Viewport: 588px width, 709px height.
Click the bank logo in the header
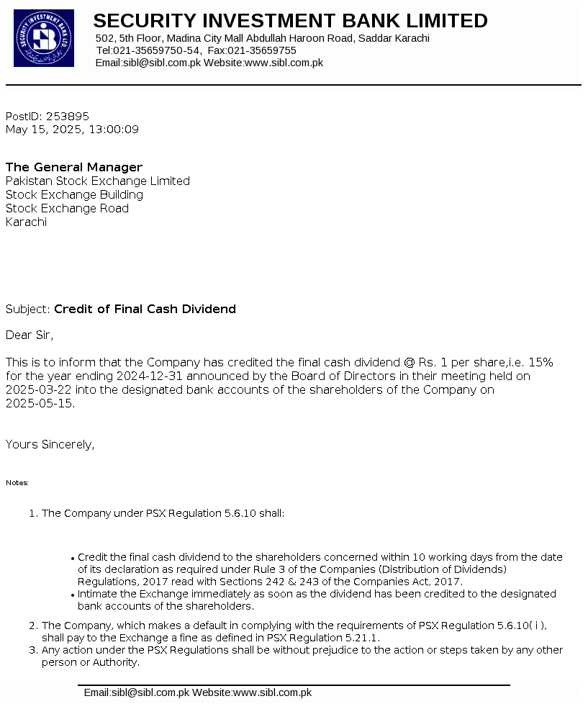pyautogui.click(x=44, y=38)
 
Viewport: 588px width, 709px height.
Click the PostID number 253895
pyautogui.click(x=68, y=116)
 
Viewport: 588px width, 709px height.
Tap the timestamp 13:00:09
pyautogui.click(x=114, y=130)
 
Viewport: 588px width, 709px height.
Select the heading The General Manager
pyautogui.click(x=74, y=168)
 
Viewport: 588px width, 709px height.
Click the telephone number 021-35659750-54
pyautogui.click(x=157, y=50)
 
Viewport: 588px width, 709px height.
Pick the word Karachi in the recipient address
pyautogui.click(x=26, y=222)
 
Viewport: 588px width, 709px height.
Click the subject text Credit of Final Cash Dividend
pyautogui.click(x=145, y=310)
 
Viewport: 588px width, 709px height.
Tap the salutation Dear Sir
pyautogui.click(x=30, y=335)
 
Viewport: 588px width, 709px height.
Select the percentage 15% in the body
pyautogui.click(x=540, y=362)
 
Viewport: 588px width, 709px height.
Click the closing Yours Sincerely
pyautogui.click(x=50, y=445)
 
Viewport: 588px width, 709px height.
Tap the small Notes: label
pyautogui.click(x=17, y=483)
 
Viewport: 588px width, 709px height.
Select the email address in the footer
pyautogui.click(x=136, y=693)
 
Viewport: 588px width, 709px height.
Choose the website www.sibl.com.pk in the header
pyautogui.click(x=284, y=63)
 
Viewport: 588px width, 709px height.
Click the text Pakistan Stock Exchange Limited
pyautogui.click(x=98, y=181)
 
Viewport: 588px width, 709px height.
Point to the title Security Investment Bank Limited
pyautogui.click(x=290, y=21)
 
